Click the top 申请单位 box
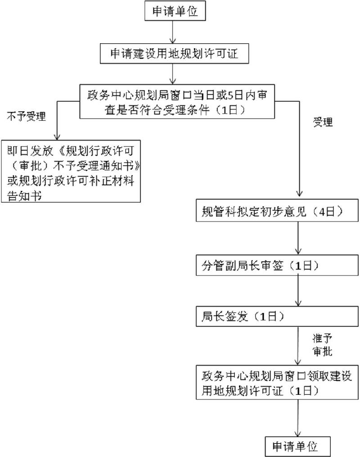tap(175, 11)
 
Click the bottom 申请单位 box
tap(297, 446)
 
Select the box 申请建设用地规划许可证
tap(174, 54)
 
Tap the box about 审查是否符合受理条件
tap(177, 102)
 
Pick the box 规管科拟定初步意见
tap(277, 210)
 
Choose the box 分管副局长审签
tap(277, 265)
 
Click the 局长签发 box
tap(277, 316)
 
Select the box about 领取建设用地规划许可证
tap(277, 382)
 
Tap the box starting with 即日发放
tap(71, 172)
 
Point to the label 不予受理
tap(26, 116)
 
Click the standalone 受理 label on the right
tap(323, 122)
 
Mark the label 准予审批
tap(323, 345)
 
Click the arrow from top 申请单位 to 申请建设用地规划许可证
tap(173, 32)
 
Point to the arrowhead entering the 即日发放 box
tap(57, 137)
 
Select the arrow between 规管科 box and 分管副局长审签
tap(298, 238)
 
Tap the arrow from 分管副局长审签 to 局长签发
tap(298, 291)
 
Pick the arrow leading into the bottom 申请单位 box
tap(298, 418)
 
